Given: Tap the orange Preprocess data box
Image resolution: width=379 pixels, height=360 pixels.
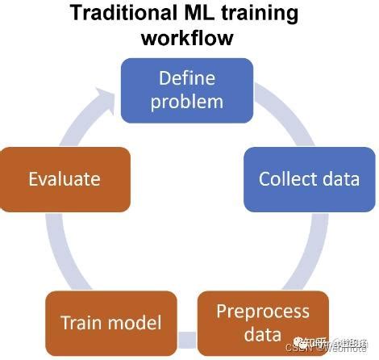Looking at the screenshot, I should tap(263, 322).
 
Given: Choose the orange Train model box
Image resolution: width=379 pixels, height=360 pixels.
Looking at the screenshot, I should tap(110, 324).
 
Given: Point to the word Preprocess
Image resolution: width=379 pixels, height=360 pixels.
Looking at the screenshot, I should tap(263, 311).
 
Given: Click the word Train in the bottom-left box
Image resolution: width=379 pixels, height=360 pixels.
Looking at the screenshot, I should tap(80, 324).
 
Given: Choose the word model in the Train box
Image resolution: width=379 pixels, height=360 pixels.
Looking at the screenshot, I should tap(133, 324).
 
